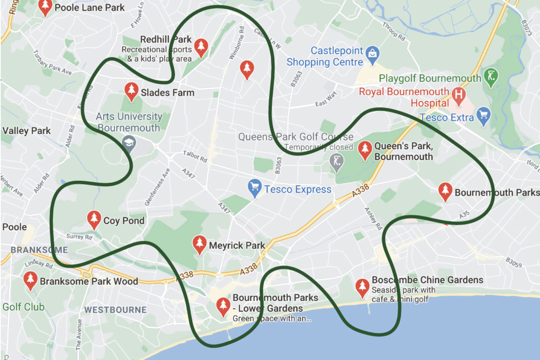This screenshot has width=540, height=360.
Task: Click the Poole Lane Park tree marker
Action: click(x=45, y=7)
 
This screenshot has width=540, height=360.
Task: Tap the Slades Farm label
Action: click(x=167, y=93)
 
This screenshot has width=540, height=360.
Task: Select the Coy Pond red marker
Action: click(x=94, y=219)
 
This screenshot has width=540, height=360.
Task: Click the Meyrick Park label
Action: click(x=237, y=246)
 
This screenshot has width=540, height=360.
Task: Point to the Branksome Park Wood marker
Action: click(x=30, y=280)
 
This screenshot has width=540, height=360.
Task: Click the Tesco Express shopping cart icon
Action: click(x=254, y=188)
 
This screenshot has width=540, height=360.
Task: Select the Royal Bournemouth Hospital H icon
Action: click(x=458, y=95)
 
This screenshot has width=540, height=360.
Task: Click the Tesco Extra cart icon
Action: click(x=483, y=115)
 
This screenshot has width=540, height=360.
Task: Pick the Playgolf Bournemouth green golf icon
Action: click(x=491, y=77)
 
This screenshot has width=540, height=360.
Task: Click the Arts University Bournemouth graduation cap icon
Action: click(x=129, y=143)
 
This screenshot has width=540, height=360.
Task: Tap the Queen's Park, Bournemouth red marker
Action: click(x=365, y=149)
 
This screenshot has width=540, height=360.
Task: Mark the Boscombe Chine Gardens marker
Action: click(x=362, y=287)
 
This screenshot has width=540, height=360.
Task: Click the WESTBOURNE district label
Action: click(x=115, y=310)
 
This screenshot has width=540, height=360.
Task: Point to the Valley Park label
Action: click(x=26, y=131)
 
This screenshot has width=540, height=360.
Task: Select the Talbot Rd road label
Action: click(x=195, y=156)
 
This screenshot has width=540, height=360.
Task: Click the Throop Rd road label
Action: click(x=394, y=31)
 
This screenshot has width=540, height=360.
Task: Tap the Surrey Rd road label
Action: click(x=79, y=236)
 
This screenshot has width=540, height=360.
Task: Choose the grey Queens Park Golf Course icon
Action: click(x=337, y=162)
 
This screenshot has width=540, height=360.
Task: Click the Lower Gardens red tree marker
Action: click(x=223, y=306)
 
